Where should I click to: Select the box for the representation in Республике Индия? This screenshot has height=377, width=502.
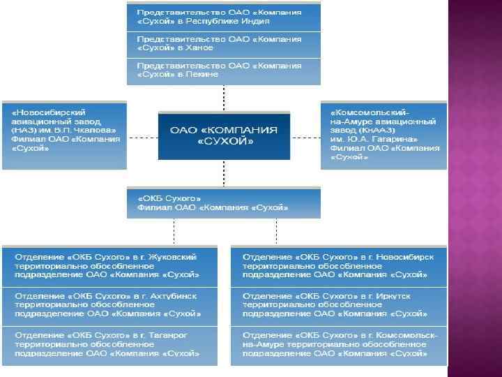(x=223, y=17)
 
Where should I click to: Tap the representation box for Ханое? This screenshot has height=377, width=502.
(x=223, y=43)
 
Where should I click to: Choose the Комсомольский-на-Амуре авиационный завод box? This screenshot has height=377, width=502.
(x=383, y=134)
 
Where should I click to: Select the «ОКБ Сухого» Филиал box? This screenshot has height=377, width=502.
(x=223, y=202)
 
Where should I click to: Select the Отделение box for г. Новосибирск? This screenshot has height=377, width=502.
(x=339, y=265)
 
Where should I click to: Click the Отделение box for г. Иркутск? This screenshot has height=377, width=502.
(x=339, y=306)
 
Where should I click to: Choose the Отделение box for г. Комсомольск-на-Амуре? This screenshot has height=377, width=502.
(x=339, y=346)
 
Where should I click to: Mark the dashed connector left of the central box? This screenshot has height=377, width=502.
(x=142, y=137)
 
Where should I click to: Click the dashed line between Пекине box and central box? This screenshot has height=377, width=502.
(x=223, y=97)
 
